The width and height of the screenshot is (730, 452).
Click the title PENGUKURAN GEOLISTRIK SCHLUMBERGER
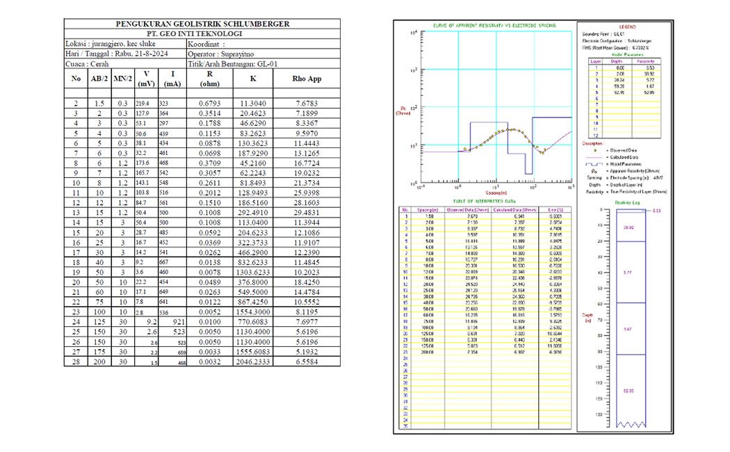(x=202, y=24)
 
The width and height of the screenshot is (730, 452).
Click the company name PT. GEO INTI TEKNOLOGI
(x=202, y=33)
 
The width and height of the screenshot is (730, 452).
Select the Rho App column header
(x=306, y=79)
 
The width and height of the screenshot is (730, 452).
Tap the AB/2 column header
(x=99, y=79)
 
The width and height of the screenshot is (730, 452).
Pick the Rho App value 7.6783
(x=306, y=103)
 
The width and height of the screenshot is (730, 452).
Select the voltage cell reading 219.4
(x=143, y=103)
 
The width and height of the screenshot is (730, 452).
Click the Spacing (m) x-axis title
(x=496, y=194)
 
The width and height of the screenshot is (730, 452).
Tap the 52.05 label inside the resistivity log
(x=627, y=392)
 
